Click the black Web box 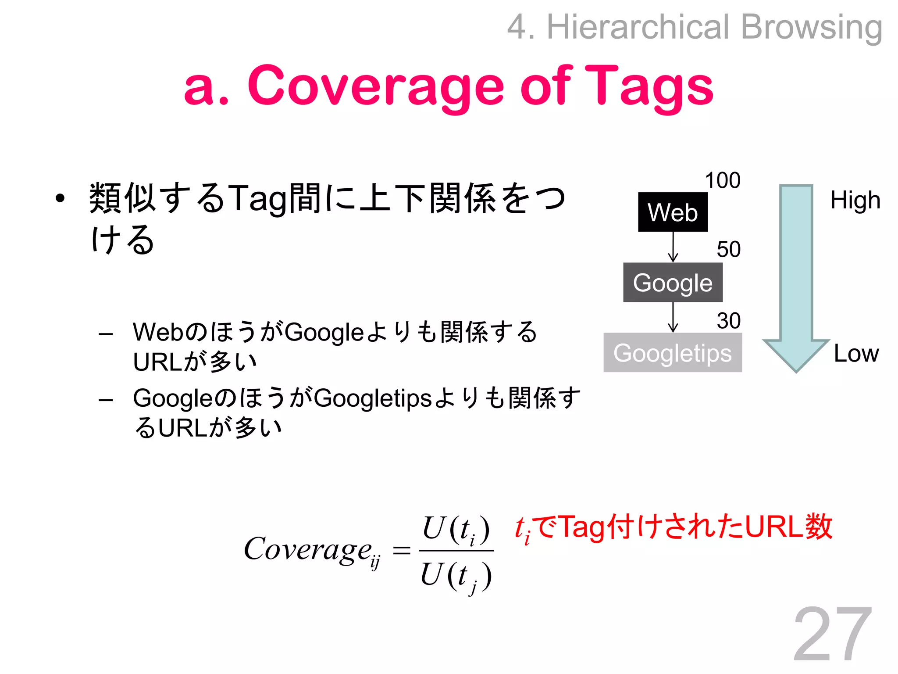click(x=673, y=212)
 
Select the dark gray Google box click(x=673, y=282)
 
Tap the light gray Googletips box click(x=673, y=352)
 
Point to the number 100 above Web click(x=723, y=180)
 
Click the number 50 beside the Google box click(x=728, y=249)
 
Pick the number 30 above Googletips click(x=728, y=320)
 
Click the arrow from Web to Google click(x=673, y=247)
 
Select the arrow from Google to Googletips click(x=673, y=317)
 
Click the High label click(x=855, y=201)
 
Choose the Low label click(x=856, y=353)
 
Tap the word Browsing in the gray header click(x=811, y=27)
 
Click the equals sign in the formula click(x=401, y=550)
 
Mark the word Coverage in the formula click(x=308, y=549)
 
